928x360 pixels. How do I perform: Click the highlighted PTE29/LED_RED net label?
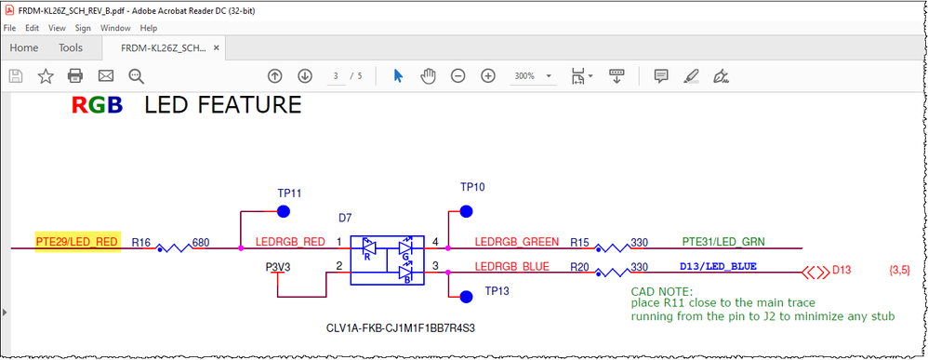[x=76, y=243]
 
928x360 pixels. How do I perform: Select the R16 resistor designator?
[x=141, y=243]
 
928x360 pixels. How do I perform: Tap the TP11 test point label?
[x=289, y=193]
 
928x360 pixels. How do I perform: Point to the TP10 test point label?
[x=472, y=187]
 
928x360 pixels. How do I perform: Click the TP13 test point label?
[x=497, y=291]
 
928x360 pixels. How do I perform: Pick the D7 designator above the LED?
[x=345, y=218]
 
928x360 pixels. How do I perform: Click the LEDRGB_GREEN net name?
[x=516, y=242]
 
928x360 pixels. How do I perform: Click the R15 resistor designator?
[x=580, y=242]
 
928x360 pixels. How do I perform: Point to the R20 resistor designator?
[x=580, y=267]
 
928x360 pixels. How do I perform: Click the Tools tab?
[x=71, y=47]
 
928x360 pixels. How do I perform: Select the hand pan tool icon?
[x=428, y=76]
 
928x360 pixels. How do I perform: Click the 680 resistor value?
[x=200, y=243]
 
